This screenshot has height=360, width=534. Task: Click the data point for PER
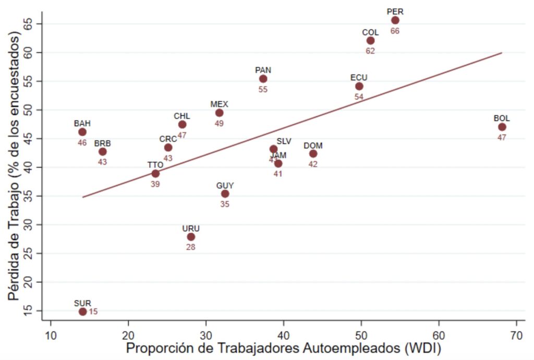pos(395,20)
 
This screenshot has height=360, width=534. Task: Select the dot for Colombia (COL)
pos(370,41)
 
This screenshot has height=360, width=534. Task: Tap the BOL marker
pos(502,127)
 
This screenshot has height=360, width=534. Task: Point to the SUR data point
pos(82,311)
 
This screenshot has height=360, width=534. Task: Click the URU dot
pos(191,237)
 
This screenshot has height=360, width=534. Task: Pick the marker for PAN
pos(263,79)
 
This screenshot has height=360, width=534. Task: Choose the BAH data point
pos(82,132)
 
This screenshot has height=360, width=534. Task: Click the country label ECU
pos(359,78)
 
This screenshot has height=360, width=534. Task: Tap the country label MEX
pos(219,104)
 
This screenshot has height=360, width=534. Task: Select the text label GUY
pos(225,185)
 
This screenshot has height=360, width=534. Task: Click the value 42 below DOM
pos(313,164)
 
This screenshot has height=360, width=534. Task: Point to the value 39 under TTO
pos(155,184)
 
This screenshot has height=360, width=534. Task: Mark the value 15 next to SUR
pos(93,312)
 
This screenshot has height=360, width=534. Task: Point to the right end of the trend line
pos(501,53)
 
